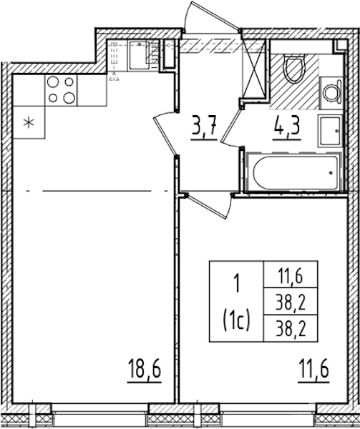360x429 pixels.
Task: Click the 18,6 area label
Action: click(x=145, y=370)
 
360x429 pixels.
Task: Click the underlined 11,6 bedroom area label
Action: click(x=313, y=370)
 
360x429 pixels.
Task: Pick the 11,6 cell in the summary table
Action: click(x=291, y=277)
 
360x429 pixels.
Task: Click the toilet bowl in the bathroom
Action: click(x=295, y=69)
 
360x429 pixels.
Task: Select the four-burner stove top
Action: click(x=61, y=90)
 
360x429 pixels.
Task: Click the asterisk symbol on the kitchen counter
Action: click(x=29, y=123)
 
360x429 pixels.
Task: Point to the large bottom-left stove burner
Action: click(x=53, y=98)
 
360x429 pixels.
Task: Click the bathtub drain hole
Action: click(x=331, y=173)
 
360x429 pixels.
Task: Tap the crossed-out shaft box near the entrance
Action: click(x=254, y=69)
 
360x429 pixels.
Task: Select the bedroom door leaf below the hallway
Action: click(x=206, y=207)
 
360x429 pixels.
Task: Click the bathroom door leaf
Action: click(x=230, y=125)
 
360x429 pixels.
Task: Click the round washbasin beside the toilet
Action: click(x=331, y=93)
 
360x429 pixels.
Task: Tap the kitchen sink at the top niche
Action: click(x=140, y=55)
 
